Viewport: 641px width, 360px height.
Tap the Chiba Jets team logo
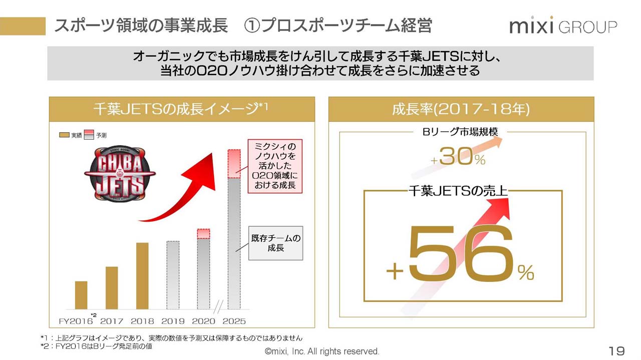(x=120, y=173)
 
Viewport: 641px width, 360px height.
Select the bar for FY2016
(x=81, y=295)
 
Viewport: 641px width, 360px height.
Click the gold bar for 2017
(x=112, y=288)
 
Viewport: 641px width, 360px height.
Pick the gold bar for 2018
(x=142, y=276)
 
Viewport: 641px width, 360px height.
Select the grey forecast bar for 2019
(x=173, y=275)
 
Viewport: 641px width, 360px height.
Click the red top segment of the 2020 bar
(x=203, y=233)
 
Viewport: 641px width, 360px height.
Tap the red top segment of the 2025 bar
(x=234, y=164)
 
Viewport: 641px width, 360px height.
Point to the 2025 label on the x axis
(x=233, y=321)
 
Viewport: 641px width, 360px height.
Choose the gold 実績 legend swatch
(x=64, y=135)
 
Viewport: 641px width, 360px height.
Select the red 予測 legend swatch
(x=88, y=134)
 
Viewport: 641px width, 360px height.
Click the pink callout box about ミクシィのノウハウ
(x=275, y=166)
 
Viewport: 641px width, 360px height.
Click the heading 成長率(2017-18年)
(x=461, y=109)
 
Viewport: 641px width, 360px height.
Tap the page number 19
(x=616, y=350)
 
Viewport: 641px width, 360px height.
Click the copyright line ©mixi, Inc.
(x=322, y=351)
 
